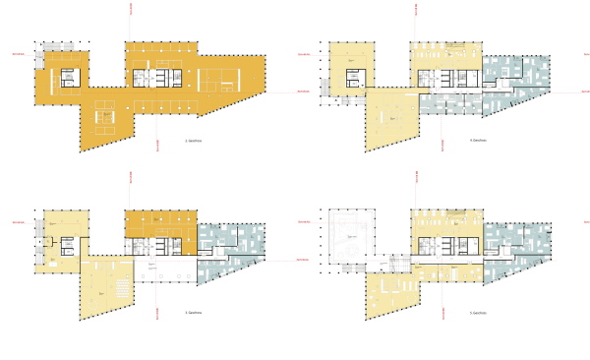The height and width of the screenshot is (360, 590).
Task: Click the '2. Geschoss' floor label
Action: [x=194, y=142]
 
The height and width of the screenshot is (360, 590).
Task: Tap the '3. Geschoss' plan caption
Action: [x=194, y=313]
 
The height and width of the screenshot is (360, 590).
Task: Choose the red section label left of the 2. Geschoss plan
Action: [x=17, y=52]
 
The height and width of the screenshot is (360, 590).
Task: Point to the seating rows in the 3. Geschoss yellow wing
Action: [x=116, y=285]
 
